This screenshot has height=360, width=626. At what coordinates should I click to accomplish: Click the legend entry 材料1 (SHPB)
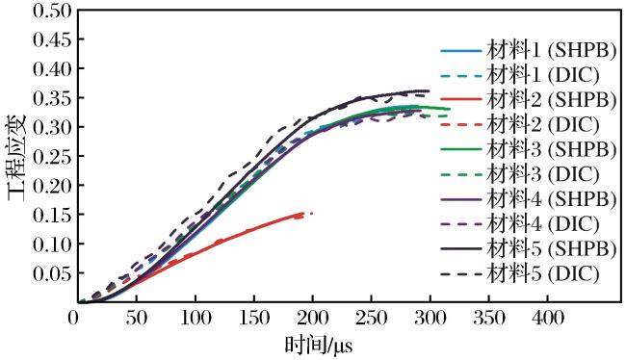529,51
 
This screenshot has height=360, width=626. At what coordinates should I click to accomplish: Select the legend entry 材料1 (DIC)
520,75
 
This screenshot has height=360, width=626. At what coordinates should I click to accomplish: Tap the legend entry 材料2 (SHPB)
529,100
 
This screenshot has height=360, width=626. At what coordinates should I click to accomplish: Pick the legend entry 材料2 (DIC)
520,124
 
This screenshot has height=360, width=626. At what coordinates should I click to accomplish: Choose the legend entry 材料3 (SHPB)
529,149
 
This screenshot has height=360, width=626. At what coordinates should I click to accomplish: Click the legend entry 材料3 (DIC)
520,174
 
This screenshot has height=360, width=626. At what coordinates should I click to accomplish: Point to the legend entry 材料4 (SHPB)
529,198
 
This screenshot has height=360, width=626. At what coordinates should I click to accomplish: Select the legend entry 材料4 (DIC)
520,223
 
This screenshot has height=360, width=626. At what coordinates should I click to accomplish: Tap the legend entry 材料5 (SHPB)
529,248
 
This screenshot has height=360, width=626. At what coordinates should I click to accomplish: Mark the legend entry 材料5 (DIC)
520,273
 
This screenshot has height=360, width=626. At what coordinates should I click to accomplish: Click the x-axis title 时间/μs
319,346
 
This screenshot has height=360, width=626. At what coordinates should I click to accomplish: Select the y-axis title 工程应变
17,157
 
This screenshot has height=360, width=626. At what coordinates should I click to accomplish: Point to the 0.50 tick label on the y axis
52,11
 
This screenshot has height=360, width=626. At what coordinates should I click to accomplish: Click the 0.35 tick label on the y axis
52,98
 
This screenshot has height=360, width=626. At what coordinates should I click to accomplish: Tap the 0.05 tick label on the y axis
52,273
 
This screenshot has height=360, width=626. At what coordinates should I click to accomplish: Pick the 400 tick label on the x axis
547,318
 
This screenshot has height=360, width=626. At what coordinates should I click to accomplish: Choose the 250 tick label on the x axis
371,318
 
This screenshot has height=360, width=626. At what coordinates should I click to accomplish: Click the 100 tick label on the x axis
196,318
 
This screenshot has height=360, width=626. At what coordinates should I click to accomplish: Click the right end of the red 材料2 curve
312,213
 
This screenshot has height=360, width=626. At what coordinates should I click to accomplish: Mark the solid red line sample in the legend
461,98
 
